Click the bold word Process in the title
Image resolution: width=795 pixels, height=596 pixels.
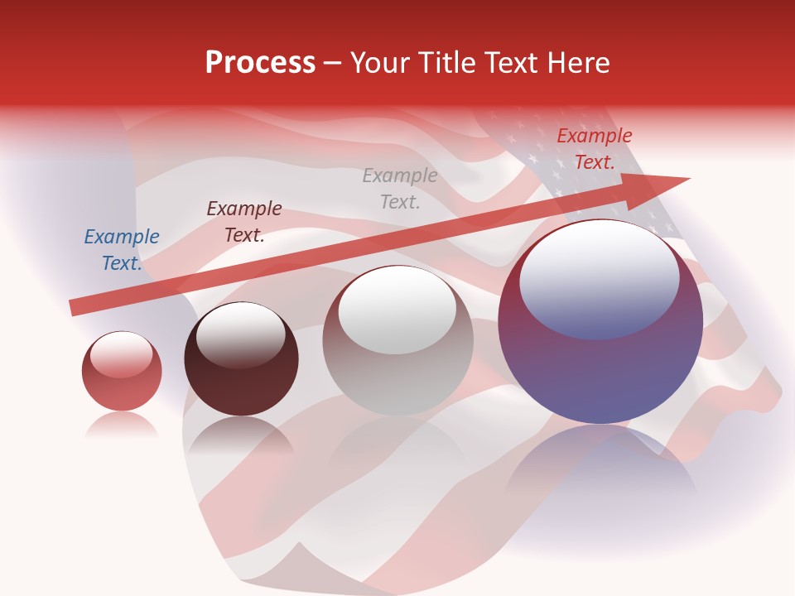(x=260, y=63)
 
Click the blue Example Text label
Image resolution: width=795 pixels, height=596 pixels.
(x=122, y=250)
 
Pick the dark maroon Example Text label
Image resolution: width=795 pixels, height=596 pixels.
(x=244, y=222)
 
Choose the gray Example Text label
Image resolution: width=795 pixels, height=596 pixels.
(x=400, y=189)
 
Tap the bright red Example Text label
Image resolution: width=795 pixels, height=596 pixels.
(x=594, y=149)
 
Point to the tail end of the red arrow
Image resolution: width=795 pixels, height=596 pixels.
(x=73, y=308)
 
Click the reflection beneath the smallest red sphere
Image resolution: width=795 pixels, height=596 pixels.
(x=122, y=425)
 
